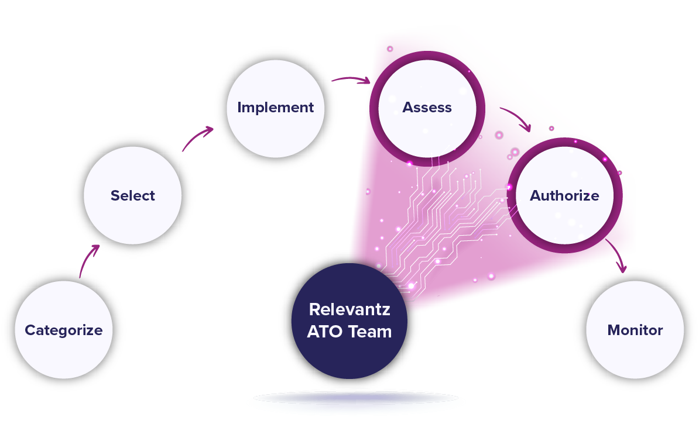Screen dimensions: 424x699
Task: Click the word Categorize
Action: [x=64, y=330]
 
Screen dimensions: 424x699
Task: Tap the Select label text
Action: [x=133, y=196]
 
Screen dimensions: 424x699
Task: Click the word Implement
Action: [x=276, y=108]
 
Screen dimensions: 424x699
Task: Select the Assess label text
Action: [x=427, y=108]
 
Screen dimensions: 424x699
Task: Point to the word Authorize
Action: [x=564, y=195]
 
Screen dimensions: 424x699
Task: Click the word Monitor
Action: [x=635, y=330]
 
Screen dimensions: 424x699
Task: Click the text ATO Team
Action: [x=349, y=332]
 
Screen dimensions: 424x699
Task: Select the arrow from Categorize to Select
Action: [x=88, y=257]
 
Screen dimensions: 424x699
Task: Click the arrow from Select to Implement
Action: [x=197, y=138]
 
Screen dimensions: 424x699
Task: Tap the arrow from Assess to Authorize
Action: [x=515, y=118]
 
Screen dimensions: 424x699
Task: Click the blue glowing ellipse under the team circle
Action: [x=356, y=401]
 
